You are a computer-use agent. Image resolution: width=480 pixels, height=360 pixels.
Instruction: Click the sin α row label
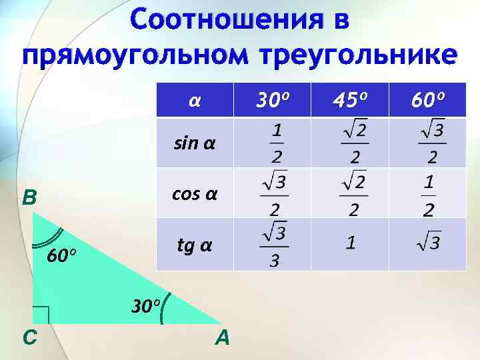click(194, 143)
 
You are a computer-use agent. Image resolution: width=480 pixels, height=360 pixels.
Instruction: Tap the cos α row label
click(194, 193)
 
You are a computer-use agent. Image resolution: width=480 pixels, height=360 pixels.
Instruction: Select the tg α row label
click(194, 245)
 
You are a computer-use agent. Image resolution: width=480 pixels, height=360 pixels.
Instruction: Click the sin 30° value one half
click(275, 142)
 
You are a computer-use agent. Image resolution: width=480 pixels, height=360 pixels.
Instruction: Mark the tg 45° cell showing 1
click(350, 244)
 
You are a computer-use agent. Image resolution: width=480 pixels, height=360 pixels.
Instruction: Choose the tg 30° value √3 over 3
click(275, 245)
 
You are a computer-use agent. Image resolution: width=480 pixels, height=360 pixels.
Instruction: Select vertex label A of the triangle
click(222, 339)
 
